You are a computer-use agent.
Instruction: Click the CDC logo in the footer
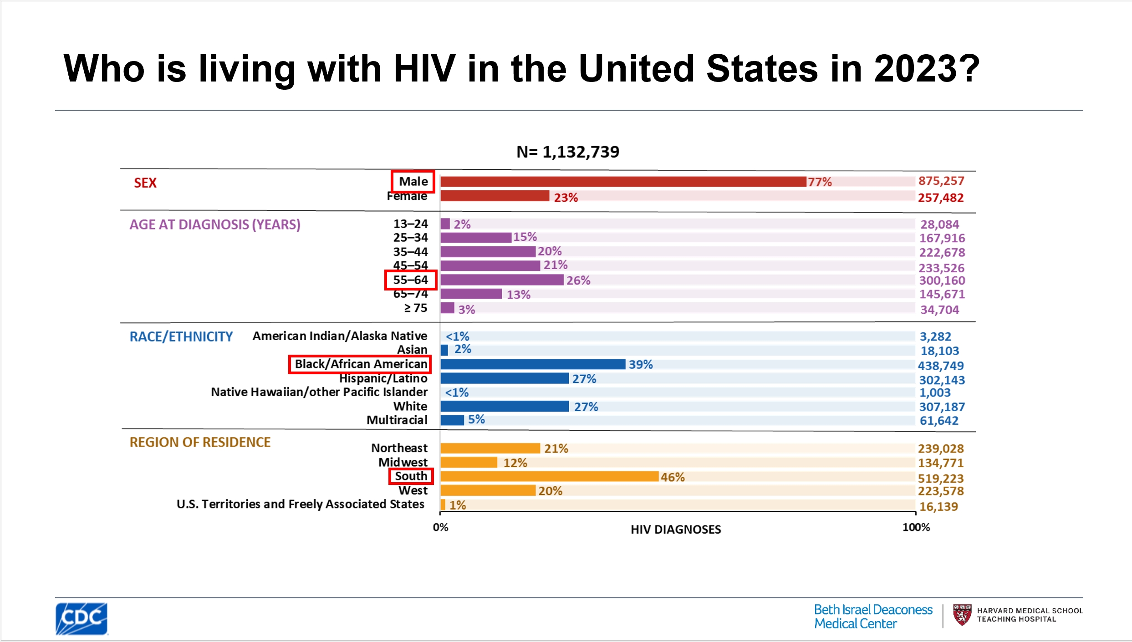[82, 618]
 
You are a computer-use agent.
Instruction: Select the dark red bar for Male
[622, 182]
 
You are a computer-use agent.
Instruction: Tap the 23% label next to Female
[566, 198]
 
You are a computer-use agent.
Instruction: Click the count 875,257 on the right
[941, 181]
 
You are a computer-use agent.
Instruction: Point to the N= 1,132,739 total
[567, 152]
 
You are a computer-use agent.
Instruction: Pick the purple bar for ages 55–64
[502, 280]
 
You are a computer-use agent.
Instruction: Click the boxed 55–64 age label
[410, 280]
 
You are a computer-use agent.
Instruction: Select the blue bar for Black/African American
[532, 364]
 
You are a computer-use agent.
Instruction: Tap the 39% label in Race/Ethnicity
[641, 365]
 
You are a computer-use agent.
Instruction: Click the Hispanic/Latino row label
[383, 379]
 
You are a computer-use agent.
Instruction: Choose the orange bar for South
[549, 477]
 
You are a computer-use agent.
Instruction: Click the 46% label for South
[673, 477]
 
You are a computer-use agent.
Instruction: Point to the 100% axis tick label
[916, 527]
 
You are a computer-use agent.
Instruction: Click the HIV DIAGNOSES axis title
[676, 530]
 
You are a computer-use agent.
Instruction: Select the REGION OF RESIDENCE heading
[200, 443]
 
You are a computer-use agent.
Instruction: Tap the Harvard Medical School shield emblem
[962, 615]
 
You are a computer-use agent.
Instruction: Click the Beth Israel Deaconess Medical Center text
[873, 617]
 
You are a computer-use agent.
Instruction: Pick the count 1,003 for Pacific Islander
[934, 392]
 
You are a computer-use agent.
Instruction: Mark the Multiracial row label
[397, 420]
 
